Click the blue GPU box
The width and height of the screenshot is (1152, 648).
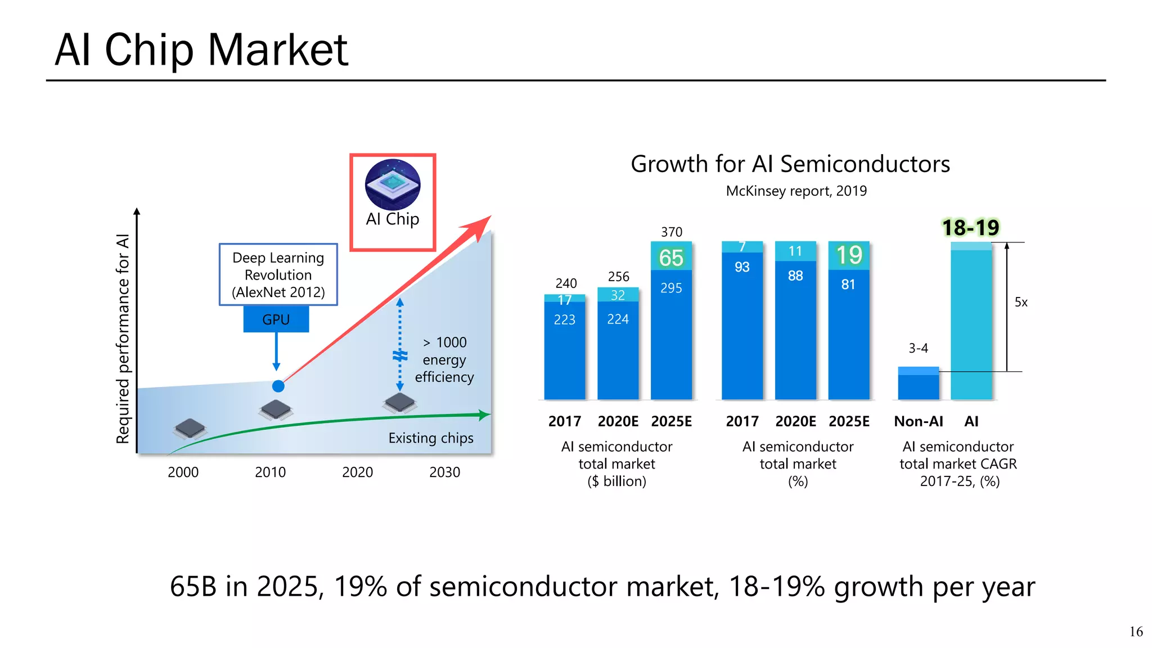click(276, 319)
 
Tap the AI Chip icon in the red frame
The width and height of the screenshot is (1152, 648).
click(393, 184)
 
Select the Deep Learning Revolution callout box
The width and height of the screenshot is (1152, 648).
click(278, 274)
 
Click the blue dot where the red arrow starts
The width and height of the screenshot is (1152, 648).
click(278, 386)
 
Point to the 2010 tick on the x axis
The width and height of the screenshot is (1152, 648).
click(270, 472)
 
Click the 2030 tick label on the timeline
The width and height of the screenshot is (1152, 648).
click(444, 472)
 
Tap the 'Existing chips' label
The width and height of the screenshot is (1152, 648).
click(431, 438)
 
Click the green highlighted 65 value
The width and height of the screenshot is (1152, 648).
click(671, 258)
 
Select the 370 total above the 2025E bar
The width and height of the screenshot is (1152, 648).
click(671, 232)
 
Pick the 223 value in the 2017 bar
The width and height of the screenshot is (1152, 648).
click(564, 319)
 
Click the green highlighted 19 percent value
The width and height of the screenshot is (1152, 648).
click(849, 255)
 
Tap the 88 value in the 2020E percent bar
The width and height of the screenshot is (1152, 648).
click(795, 276)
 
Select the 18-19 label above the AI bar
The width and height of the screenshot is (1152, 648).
click(970, 227)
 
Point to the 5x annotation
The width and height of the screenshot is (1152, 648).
click(1021, 302)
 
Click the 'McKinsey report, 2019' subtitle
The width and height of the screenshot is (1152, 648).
click(796, 191)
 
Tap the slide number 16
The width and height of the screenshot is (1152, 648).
click(1136, 632)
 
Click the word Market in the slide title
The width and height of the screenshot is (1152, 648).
click(278, 50)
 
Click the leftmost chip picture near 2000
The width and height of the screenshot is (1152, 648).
click(190, 429)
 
